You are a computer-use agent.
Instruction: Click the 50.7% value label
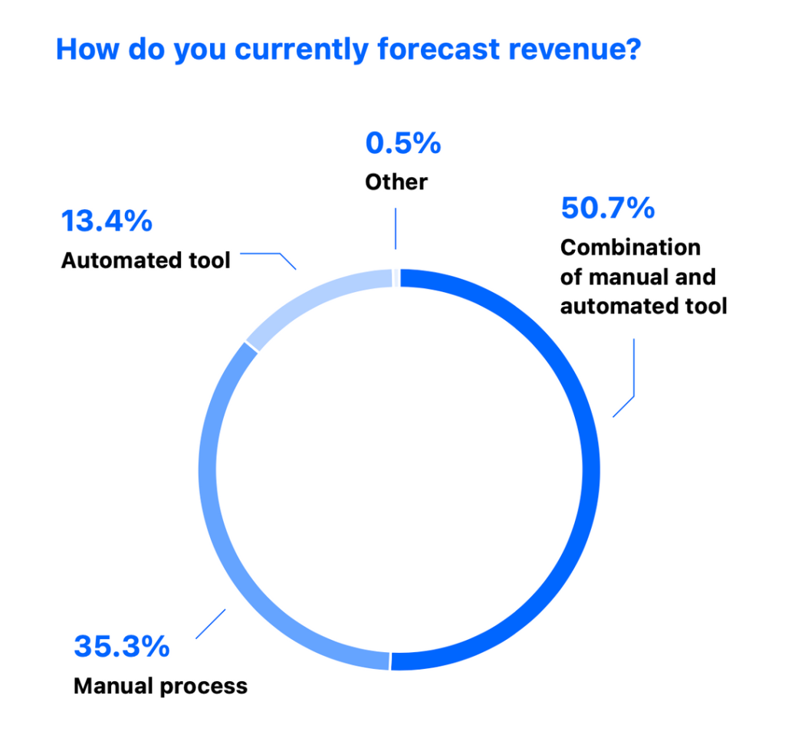click(x=607, y=208)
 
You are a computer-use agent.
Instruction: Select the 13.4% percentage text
click(x=107, y=221)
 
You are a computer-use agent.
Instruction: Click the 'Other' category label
click(x=396, y=182)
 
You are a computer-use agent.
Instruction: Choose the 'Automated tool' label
click(x=146, y=261)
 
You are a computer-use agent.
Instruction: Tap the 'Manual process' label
click(x=160, y=685)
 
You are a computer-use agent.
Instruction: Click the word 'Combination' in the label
click(x=630, y=248)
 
